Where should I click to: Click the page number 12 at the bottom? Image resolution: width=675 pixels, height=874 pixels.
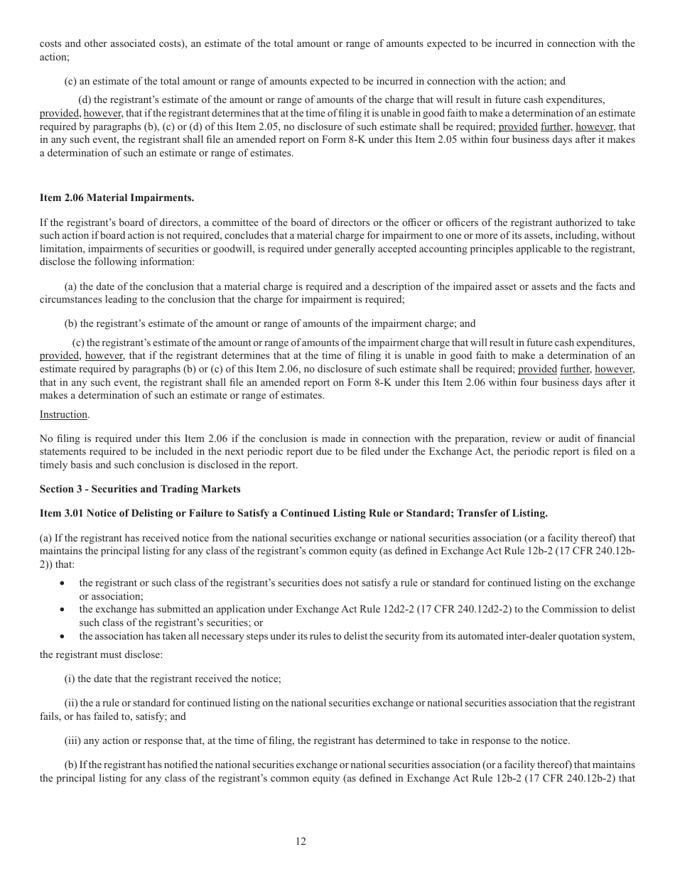coord(301,841)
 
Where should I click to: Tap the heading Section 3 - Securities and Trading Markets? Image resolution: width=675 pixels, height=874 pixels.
coord(140,489)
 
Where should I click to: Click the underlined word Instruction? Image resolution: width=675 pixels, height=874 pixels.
coord(64,414)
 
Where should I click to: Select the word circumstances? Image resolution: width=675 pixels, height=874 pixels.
coord(69,299)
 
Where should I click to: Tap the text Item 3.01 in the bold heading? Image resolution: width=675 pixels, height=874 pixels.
coord(60,512)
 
